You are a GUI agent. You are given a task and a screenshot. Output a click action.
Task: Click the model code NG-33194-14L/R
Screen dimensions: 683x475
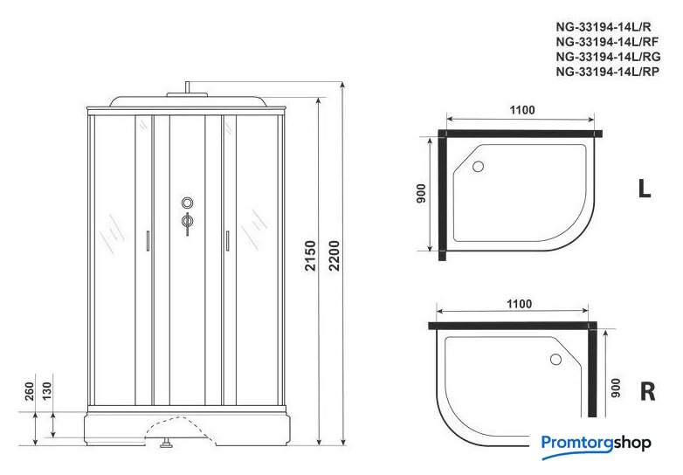(604, 27)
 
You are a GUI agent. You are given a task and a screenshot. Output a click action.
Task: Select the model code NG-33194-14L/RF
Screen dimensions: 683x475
(607, 42)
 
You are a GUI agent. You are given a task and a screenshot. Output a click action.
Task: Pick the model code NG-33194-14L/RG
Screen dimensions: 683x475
(608, 57)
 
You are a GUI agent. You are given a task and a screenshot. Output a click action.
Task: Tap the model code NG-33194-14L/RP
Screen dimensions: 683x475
(608, 72)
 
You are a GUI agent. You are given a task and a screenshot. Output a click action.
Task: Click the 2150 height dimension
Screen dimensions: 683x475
(310, 256)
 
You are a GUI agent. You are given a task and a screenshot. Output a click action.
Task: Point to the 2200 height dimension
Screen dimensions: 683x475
(335, 256)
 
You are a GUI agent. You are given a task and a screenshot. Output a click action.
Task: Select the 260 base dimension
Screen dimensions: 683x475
(29, 391)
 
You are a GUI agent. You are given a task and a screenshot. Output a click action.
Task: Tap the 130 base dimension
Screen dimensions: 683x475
(46, 390)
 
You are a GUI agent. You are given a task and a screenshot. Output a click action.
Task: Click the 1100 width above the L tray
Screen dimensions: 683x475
(522, 110)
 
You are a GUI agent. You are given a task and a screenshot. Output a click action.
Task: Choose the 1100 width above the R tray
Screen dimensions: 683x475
(519, 304)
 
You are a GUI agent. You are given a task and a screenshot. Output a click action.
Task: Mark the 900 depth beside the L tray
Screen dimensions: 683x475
(421, 193)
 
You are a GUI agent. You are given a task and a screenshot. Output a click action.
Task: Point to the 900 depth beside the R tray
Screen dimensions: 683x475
(616, 388)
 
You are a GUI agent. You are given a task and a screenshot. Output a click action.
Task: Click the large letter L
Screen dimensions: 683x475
(645, 189)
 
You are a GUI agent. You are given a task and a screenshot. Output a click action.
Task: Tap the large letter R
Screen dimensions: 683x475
(648, 391)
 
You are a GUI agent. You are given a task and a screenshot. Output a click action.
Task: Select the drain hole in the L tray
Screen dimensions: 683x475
(479, 166)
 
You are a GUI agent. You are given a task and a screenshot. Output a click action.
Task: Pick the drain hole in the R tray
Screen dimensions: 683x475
(555, 359)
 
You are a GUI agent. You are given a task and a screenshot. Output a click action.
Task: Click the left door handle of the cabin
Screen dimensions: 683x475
(148, 241)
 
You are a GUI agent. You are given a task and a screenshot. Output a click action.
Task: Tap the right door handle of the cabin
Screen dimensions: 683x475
(227, 241)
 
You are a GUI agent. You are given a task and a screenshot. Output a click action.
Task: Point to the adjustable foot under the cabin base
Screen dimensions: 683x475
(166, 444)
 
